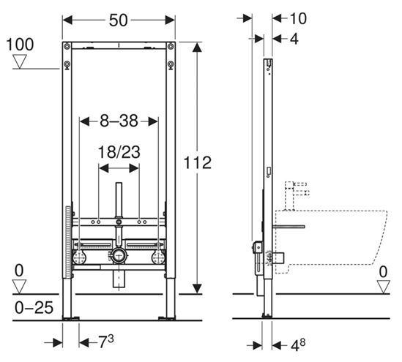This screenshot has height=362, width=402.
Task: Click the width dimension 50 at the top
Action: [x=118, y=20]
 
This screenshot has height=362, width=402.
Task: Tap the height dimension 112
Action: [x=198, y=162]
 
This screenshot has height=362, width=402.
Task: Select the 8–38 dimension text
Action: [x=119, y=121]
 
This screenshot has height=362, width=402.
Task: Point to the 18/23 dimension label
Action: [x=119, y=152]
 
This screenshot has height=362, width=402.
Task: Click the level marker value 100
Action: [x=20, y=45]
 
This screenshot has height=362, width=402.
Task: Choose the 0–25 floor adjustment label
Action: [x=34, y=307]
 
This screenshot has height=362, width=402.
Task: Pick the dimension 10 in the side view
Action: [x=298, y=18]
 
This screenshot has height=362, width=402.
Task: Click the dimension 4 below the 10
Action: [x=294, y=39]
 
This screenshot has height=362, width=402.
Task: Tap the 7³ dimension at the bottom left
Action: [x=106, y=341]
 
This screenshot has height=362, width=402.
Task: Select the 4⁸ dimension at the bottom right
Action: [x=298, y=344]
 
